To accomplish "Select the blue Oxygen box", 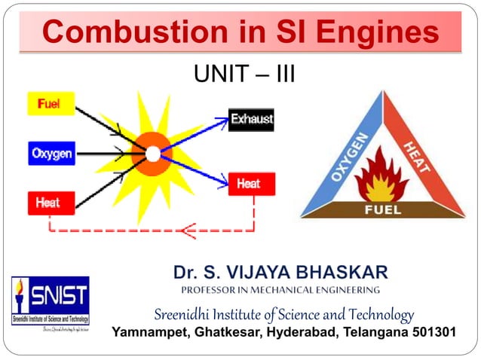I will click(51, 154).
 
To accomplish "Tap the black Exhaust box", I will click(251, 119).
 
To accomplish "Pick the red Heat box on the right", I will click(251, 183).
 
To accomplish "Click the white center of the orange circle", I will click(152, 154).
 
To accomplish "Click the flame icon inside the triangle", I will click(382, 177).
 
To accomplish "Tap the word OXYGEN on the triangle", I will click(348, 157).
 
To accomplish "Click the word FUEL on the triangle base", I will click(383, 209).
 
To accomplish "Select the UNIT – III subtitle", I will click(244, 75).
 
